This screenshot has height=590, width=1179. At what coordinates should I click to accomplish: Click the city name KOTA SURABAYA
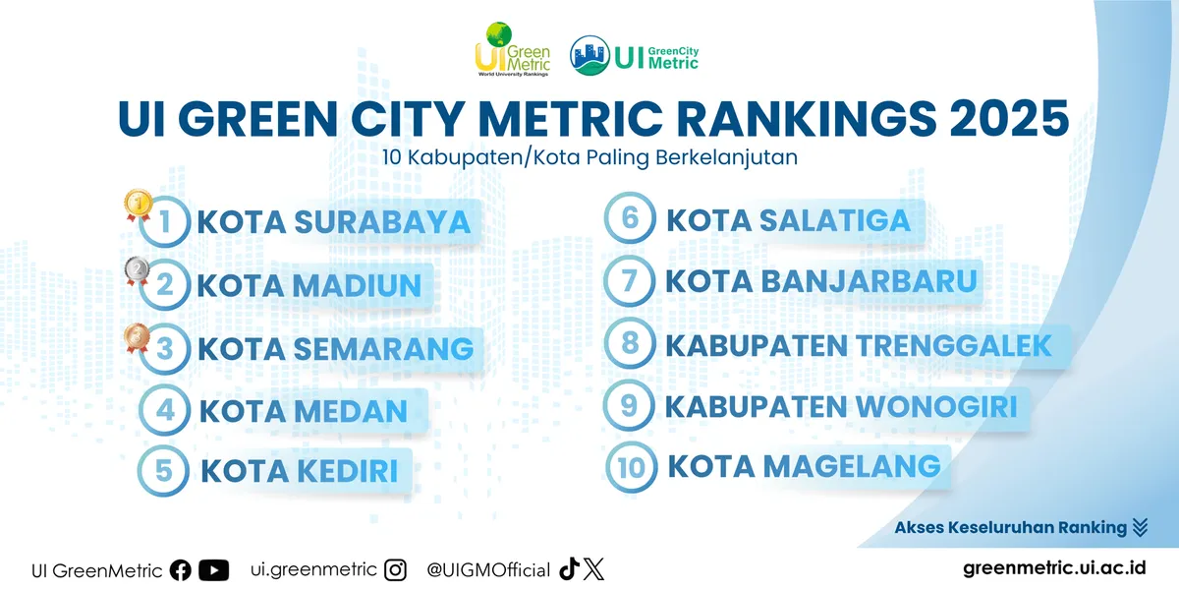pos(334,223)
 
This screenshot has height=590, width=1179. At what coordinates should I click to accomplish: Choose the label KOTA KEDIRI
pos(300,471)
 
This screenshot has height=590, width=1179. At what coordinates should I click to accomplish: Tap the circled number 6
pos(631,219)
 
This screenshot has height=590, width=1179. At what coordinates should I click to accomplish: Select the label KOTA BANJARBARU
pos(821,282)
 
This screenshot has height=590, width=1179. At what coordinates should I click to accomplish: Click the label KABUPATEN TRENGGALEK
pos(859,345)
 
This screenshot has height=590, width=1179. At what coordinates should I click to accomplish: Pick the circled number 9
pos(631,405)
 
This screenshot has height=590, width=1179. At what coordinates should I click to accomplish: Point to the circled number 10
pos(631,467)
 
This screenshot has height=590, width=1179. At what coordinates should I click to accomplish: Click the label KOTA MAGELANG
pos(805,465)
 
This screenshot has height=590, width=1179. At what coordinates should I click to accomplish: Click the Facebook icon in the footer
pos(181,570)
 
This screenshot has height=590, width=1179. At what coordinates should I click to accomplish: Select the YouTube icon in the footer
pos(213,570)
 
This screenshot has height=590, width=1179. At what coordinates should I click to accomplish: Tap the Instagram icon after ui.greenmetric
pos(395,569)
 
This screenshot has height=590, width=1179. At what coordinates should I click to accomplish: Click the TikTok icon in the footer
pos(568,569)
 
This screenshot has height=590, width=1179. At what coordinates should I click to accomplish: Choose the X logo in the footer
pos(593,569)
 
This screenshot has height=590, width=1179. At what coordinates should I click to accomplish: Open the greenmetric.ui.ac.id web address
pos(1054,569)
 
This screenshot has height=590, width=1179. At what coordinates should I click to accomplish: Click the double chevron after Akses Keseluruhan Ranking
pos(1140,528)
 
